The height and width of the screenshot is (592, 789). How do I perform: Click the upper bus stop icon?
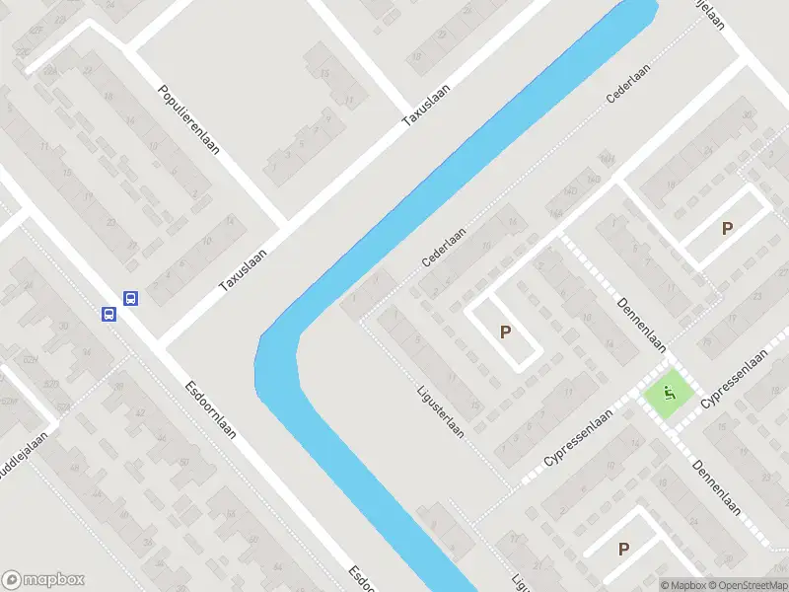click(x=129, y=297)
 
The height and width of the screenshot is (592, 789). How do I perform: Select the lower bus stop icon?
click(x=108, y=314)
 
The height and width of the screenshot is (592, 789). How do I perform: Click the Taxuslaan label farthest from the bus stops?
click(x=425, y=105)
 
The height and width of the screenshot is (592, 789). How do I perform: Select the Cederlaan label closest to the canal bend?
click(x=444, y=248)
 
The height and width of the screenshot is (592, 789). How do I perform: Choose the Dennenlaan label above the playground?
click(x=642, y=325)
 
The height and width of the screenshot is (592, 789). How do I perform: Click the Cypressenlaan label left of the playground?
click(x=579, y=440)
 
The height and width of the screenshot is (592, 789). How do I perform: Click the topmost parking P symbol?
click(x=727, y=228)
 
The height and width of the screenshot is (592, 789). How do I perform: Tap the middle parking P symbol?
click(x=506, y=333)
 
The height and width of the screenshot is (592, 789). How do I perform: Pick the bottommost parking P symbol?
click(x=623, y=549)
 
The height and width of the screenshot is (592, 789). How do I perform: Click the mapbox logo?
click(x=44, y=580)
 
